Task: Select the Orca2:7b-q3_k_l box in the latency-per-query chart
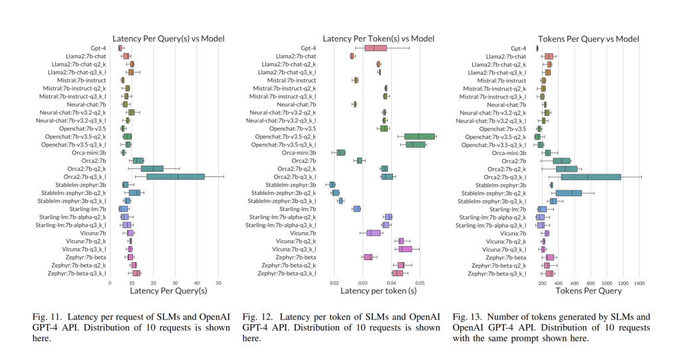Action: (x=176, y=176)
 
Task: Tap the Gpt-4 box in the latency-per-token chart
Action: (x=376, y=48)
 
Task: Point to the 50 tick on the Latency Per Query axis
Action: (x=219, y=283)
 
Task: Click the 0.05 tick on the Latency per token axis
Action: (x=420, y=283)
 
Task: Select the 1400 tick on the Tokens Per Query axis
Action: (x=640, y=283)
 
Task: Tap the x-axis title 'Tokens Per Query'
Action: (x=587, y=291)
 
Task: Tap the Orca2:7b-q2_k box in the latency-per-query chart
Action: (x=152, y=168)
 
